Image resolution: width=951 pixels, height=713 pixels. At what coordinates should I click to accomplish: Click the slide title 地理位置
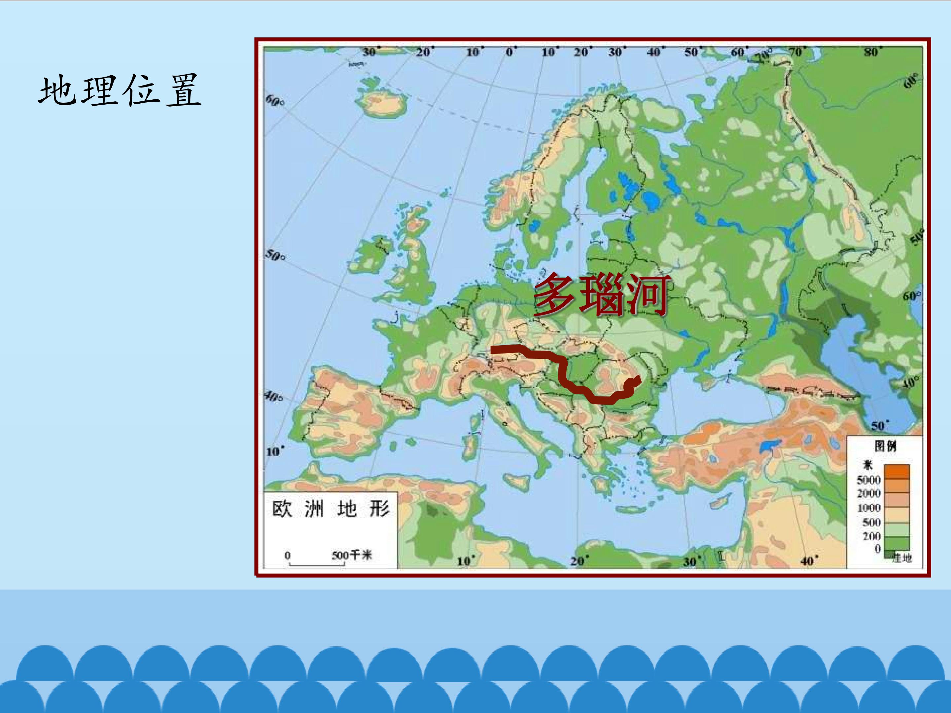coord(120,90)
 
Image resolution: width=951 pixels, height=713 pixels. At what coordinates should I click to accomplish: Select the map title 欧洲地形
coord(331,509)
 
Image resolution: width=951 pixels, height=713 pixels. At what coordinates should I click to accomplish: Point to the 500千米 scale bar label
coord(351,555)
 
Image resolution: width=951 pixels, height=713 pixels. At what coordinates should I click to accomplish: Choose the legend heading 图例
coord(885,446)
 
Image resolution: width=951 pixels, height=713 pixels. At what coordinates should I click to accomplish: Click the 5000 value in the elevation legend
coord(868,480)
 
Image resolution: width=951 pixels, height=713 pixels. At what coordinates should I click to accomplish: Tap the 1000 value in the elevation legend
coord(868,508)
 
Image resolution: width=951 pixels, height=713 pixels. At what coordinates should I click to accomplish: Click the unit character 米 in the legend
coord(868,465)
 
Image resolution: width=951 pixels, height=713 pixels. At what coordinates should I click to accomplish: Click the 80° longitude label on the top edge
coord(871,52)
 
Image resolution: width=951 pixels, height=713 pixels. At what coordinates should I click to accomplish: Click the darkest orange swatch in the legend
coord(897,471)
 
